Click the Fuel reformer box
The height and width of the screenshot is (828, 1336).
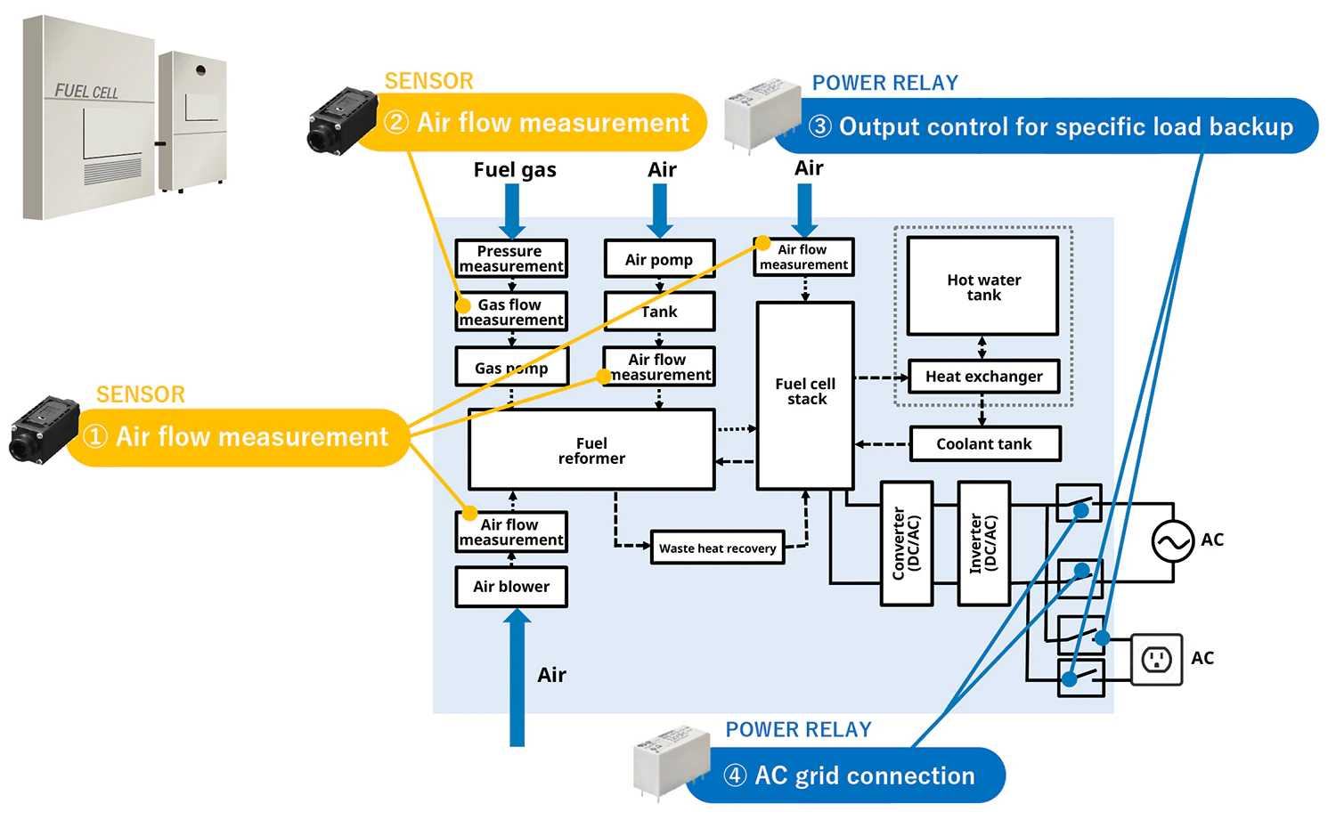click(591, 450)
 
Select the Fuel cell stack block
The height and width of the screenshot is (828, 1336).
click(805, 395)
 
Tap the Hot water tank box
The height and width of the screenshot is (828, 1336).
click(982, 286)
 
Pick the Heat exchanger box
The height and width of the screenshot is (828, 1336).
click(982, 377)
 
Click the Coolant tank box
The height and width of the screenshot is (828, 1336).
click(984, 443)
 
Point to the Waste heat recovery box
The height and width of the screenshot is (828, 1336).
click(717, 548)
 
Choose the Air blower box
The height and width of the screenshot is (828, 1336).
click(511, 587)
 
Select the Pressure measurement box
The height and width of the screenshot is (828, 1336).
click(511, 258)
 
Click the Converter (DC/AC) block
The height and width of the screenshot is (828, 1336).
click(907, 544)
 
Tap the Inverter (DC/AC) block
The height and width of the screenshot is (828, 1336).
click(983, 544)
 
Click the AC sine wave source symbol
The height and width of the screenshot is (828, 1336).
click(1172, 541)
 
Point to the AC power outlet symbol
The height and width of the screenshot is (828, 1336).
click(1156, 660)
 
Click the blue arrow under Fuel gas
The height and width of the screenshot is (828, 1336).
click(513, 211)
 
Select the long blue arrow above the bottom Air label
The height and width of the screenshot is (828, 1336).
click(517, 677)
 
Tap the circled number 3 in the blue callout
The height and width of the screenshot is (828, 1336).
click(820, 126)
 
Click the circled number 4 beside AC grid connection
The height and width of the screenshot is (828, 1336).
click(735, 775)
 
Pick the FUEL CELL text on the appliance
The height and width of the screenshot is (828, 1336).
click(86, 92)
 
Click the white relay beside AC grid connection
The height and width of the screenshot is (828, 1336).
click(660, 762)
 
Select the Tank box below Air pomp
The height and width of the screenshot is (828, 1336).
click(659, 312)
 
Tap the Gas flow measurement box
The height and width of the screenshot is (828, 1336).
click(511, 312)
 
